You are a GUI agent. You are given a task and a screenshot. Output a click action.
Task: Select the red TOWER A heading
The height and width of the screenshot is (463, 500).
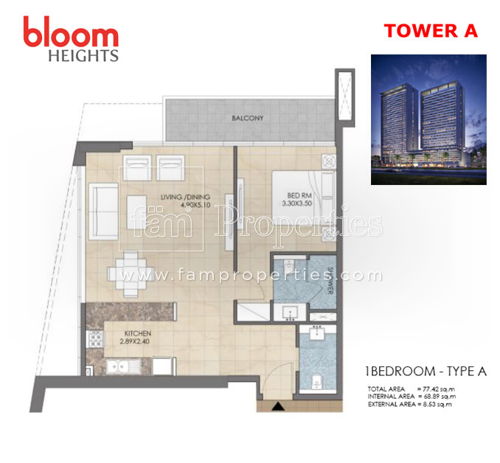click(x=431, y=31)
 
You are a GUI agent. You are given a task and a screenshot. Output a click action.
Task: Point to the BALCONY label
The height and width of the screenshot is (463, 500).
click(x=247, y=118)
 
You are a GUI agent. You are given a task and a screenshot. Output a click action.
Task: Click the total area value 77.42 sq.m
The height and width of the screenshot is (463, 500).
click(x=434, y=388)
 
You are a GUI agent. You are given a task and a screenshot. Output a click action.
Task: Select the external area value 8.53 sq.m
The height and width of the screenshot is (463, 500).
click(x=434, y=404)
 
